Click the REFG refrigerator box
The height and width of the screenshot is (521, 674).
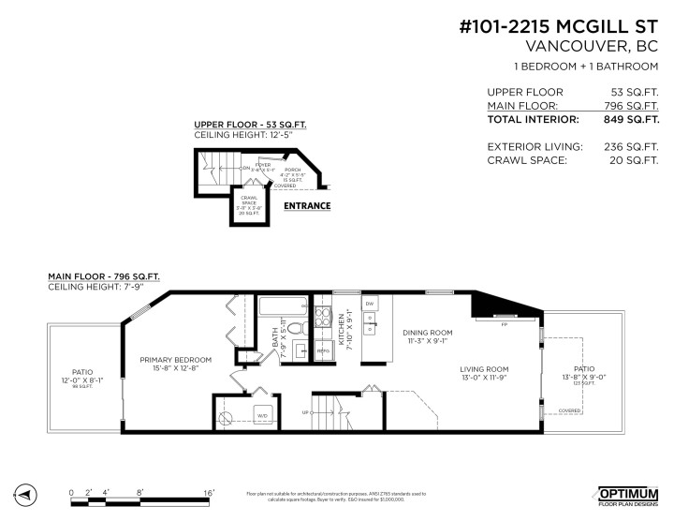323,349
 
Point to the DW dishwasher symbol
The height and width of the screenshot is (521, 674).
370,305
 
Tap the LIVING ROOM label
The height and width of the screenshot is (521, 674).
484,370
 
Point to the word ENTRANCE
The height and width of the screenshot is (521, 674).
307,205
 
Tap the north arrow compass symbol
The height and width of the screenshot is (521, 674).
25,493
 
